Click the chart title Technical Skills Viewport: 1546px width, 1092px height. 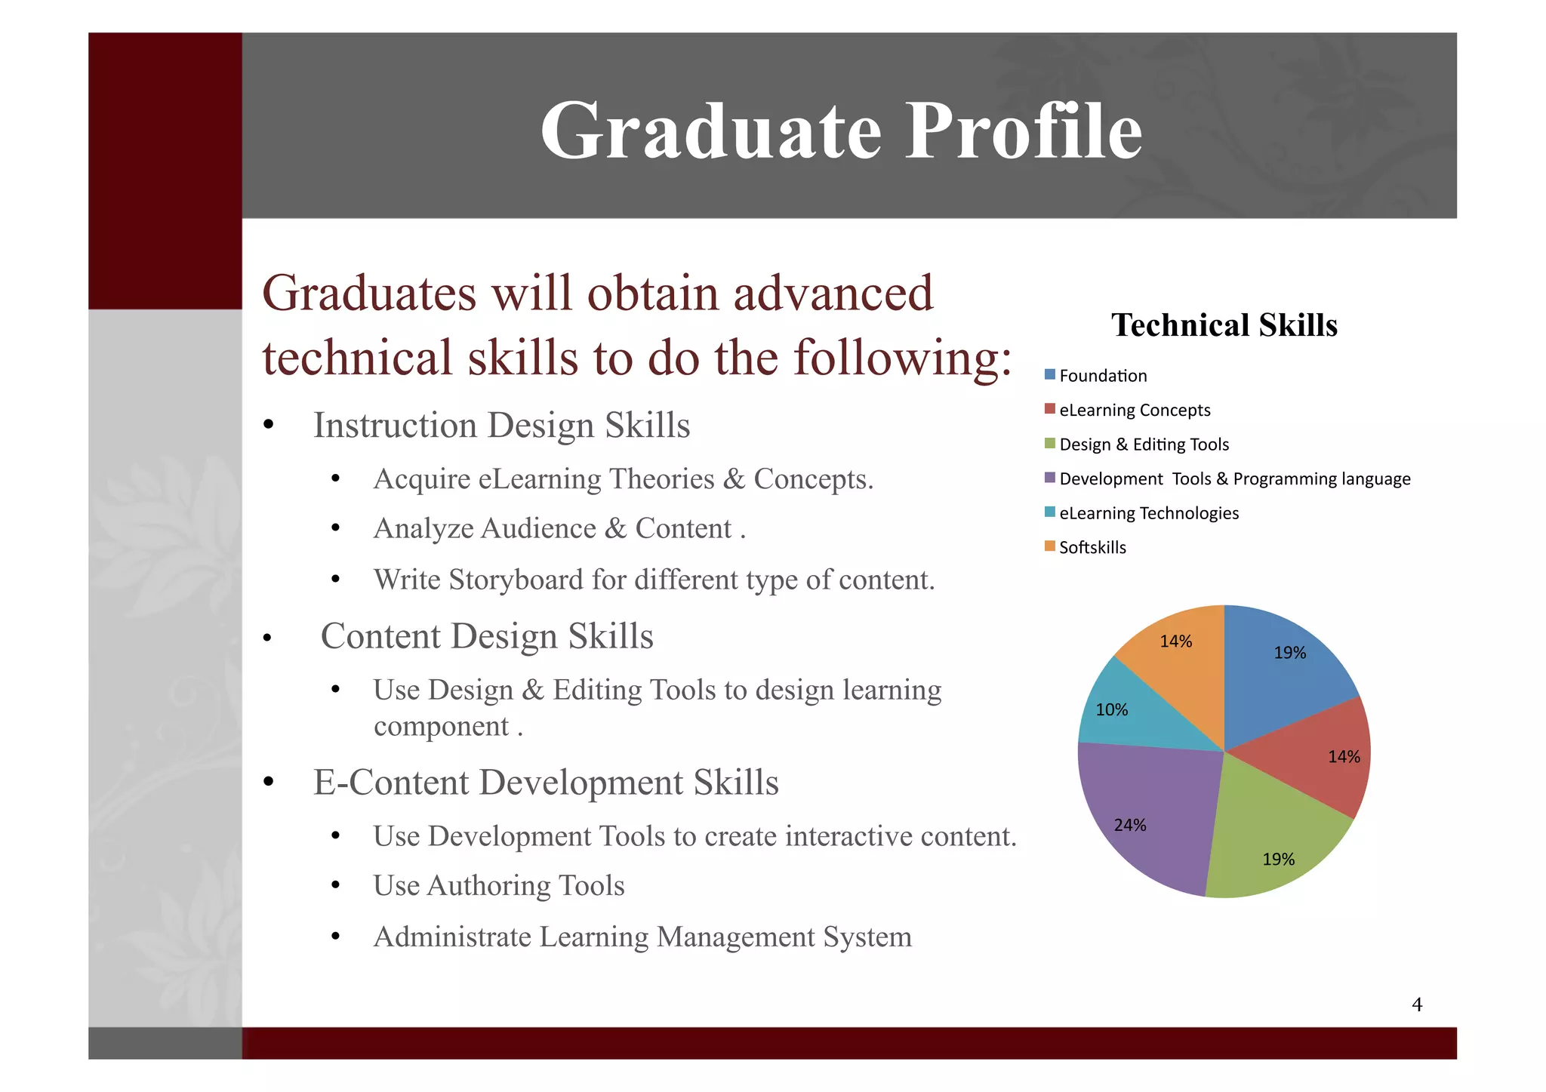point(1224,325)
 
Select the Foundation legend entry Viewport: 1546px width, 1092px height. point(1102,376)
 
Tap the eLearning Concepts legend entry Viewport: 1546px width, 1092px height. point(1134,410)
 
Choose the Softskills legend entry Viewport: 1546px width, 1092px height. point(1092,548)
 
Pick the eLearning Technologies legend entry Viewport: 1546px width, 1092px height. point(1148,513)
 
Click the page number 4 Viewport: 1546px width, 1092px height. point(1416,1004)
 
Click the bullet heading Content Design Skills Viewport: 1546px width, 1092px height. point(486,636)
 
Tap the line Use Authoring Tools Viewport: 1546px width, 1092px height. point(498,886)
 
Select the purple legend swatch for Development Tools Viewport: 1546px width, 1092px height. point(1049,478)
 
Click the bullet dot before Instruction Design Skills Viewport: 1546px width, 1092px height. point(268,426)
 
